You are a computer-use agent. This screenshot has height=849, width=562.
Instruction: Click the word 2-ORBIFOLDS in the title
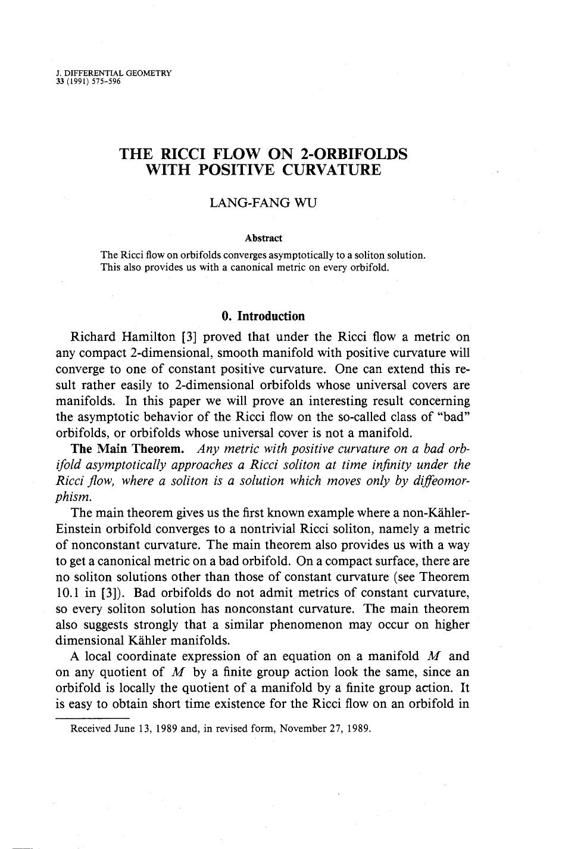coord(355,154)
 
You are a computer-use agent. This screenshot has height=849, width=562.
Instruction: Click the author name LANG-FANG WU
coord(264,203)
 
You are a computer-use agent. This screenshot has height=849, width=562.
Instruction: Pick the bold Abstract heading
coord(264,238)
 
